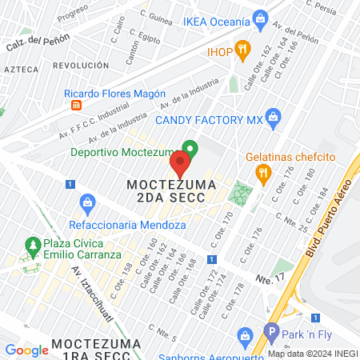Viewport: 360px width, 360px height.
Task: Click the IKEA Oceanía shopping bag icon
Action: pos(259,18)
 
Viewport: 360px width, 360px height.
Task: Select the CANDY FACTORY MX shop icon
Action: pos(274,119)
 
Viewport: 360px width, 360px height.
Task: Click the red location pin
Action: pos(180,165)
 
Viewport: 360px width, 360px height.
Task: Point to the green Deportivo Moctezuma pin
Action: pos(190,150)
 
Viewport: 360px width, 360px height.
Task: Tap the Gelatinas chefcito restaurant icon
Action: pos(262,172)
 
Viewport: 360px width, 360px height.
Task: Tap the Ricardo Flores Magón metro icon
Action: pos(76,105)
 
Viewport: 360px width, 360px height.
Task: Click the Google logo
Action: pos(26,350)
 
